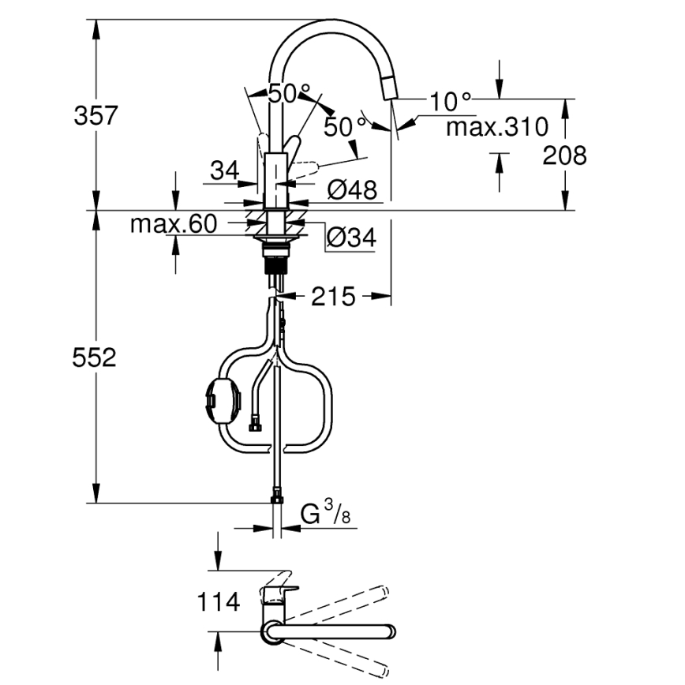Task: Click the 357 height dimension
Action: point(95,116)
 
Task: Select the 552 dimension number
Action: point(95,357)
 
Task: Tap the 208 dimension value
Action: point(564,155)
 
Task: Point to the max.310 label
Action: point(497,126)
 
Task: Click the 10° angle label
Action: point(451,101)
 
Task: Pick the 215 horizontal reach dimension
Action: point(332,297)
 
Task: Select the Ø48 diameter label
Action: point(354,189)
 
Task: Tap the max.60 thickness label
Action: point(173,225)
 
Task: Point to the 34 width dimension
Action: point(225,170)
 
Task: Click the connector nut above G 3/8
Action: point(276,496)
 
